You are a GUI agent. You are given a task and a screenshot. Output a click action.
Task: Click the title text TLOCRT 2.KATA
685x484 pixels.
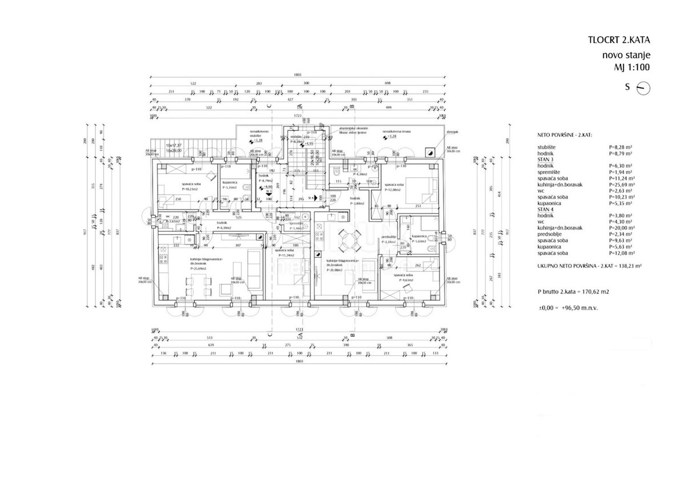[619, 40]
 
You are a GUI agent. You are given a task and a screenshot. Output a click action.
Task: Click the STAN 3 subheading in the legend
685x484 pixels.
[545, 160]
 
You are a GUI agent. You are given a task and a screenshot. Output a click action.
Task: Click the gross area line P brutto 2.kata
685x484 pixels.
[573, 291]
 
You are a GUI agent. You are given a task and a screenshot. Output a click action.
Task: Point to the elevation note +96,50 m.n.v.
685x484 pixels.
[585, 307]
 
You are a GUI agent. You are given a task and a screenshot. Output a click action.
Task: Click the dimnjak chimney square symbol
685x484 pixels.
[429, 152]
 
